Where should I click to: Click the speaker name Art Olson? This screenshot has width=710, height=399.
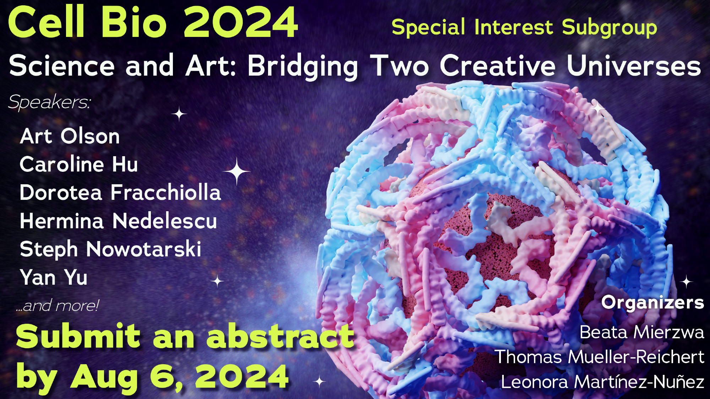(x=70, y=136)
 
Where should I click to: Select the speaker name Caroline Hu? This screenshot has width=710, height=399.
(x=79, y=164)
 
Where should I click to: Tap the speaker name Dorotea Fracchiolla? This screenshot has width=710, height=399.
(x=120, y=192)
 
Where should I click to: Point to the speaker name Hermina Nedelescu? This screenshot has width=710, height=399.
(x=118, y=221)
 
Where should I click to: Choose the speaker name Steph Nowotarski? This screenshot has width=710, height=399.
(x=110, y=249)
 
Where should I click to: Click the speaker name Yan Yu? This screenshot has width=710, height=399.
(x=54, y=277)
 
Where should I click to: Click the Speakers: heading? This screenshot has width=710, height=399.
(x=49, y=102)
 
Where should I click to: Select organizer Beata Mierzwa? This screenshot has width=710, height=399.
(x=642, y=332)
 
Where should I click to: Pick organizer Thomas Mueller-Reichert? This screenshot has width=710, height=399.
(x=600, y=357)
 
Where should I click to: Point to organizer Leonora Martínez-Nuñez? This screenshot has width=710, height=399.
(x=602, y=382)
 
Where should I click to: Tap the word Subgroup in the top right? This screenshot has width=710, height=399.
(x=610, y=28)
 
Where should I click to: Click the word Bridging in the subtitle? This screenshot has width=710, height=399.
(x=303, y=66)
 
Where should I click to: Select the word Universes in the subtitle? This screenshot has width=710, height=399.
(x=634, y=66)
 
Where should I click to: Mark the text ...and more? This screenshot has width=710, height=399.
(x=57, y=305)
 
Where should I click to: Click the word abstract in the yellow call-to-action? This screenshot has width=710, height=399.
(x=280, y=336)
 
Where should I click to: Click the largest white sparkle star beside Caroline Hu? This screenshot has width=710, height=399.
(x=237, y=171)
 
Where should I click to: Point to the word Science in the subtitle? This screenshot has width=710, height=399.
(x=62, y=66)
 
